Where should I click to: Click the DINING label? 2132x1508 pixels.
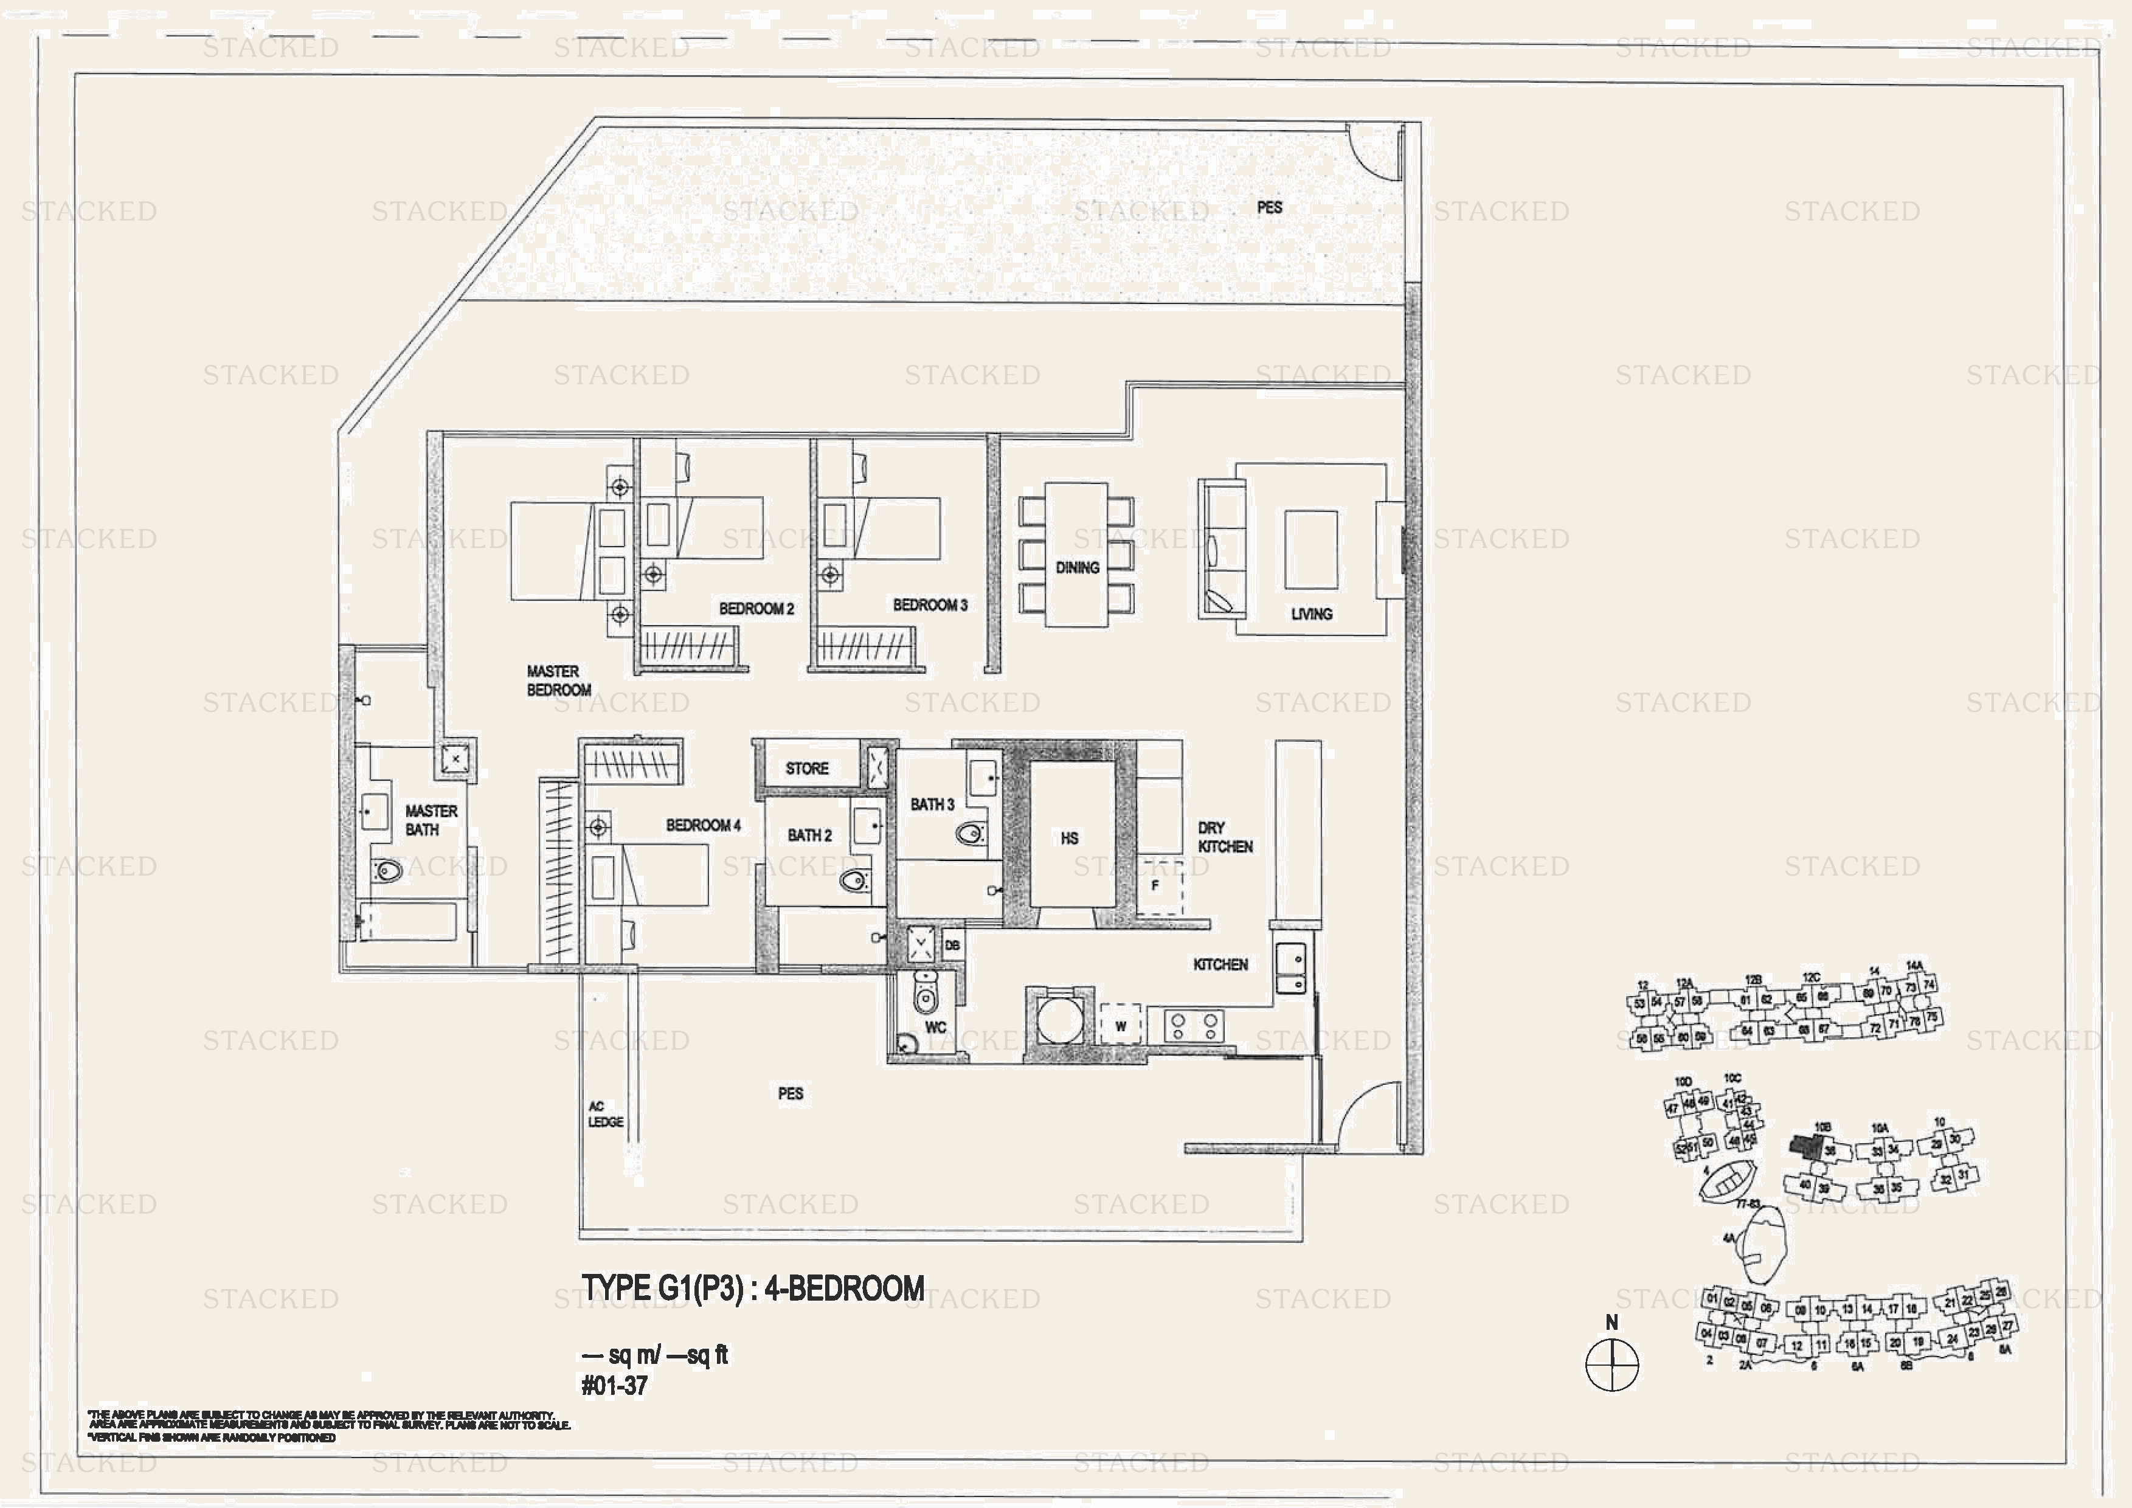coord(1077,567)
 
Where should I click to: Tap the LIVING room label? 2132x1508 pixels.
coord(1311,614)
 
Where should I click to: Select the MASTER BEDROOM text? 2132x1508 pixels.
coord(558,680)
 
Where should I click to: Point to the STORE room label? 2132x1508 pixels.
coord(806,769)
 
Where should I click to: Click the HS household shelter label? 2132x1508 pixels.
coord(1069,839)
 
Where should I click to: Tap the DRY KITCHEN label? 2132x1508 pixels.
coord(1224,837)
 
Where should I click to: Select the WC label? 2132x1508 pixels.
coord(935,1027)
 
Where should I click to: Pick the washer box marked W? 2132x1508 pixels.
coord(1121,1026)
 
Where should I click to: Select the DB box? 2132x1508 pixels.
coord(952,946)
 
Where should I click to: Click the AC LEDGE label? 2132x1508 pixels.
coord(604,1115)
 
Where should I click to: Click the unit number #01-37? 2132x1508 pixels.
coord(614,1385)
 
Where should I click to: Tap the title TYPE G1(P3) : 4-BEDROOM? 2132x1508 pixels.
coord(752,1289)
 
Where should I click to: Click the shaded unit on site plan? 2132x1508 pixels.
coord(1806,1145)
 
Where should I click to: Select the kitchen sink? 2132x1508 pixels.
coord(1291,969)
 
